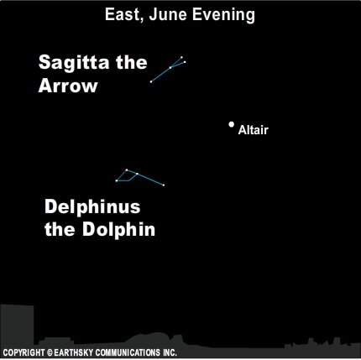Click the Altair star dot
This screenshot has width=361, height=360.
[231, 124]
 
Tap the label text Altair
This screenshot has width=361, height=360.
[254, 130]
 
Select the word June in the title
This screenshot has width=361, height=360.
[168, 14]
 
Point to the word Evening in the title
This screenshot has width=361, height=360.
[223, 15]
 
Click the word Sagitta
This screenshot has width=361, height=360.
[74, 63]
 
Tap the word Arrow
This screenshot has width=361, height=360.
[68, 86]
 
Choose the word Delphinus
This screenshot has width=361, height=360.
[92, 207]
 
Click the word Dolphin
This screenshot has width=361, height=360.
[118, 229]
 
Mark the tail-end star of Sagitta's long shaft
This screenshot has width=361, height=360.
[151, 81]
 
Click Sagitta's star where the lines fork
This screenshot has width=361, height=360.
[170, 67]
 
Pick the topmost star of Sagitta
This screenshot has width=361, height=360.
[181, 57]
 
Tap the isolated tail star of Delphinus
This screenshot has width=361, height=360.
[164, 185]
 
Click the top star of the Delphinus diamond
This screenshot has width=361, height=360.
[127, 170]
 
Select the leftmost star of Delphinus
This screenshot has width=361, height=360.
[117, 180]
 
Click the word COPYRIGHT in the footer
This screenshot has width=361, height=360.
[24, 352]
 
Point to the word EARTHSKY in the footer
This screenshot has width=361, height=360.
[74, 352]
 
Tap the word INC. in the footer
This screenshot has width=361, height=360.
[170, 352]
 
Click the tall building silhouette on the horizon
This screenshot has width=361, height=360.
[17, 326]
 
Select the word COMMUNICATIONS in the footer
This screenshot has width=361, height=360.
[128, 352]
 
